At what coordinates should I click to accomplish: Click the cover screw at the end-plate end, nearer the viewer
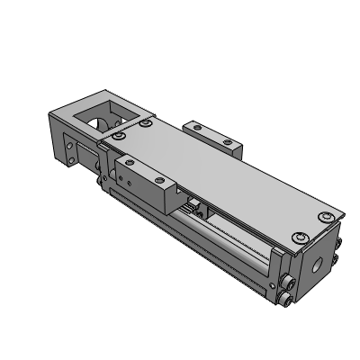297,238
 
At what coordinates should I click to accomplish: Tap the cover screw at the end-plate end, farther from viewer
327,217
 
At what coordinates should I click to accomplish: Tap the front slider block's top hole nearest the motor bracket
131,163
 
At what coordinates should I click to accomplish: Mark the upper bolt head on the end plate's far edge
339,244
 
